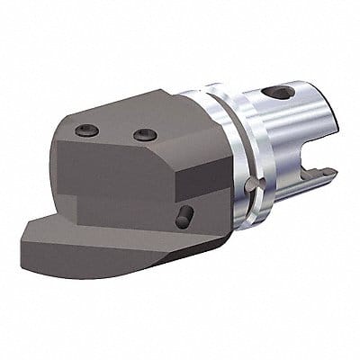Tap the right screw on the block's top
click(x=144, y=135)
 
